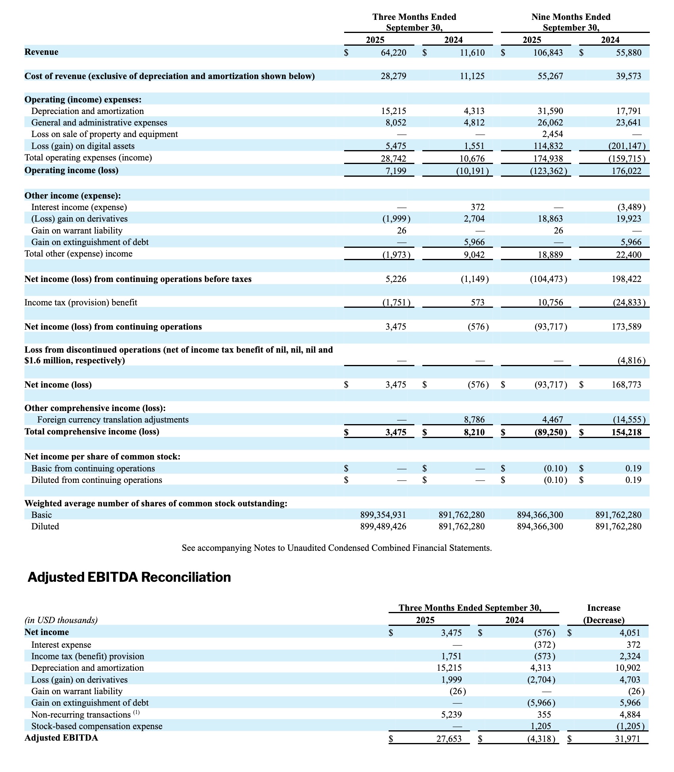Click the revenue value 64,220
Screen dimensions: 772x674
click(393, 52)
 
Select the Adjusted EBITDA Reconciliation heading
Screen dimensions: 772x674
click(129, 577)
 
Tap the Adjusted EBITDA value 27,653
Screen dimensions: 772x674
click(449, 738)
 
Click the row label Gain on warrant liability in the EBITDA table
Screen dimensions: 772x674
click(77, 691)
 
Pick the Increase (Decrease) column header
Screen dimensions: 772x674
click(603, 614)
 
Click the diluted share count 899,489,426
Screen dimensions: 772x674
click(383, 527)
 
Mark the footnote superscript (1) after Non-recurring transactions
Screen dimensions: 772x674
click(136, 713)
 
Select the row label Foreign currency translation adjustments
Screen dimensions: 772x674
click(113, 420)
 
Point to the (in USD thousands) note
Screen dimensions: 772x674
click(61, 620)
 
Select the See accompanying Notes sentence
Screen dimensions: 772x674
click(337, 548)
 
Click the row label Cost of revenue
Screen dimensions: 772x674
click(169, 76)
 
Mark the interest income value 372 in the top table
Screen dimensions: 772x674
click(478, 207)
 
